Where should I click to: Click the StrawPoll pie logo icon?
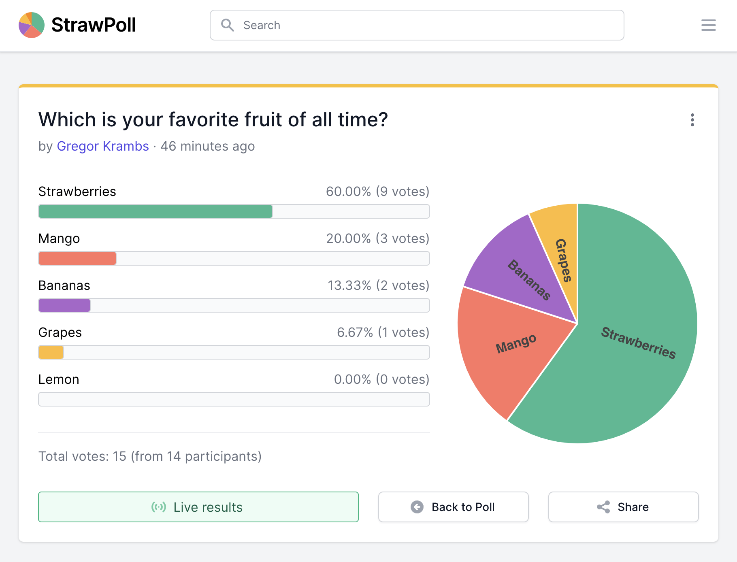coord(32,25)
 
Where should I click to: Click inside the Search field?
coord(417,25)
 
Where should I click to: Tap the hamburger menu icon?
coord(708,25)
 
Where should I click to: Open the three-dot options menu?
coord(692,120)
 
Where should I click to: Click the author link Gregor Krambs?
coord(103,146)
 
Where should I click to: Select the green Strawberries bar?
coord(155,211)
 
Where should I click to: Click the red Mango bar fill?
coord(77,258)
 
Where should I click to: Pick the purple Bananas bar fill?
coord(64,305)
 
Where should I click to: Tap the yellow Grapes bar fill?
coord(51,352)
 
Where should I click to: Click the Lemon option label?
coord(59,379)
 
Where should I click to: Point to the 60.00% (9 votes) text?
coord(377,192)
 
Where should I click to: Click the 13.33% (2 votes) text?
coord(378,285)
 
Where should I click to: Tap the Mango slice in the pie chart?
coord(514,348)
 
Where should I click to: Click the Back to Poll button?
coord(453,507)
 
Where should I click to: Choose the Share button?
coord(623,507)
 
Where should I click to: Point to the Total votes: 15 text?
coord(150,456)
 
